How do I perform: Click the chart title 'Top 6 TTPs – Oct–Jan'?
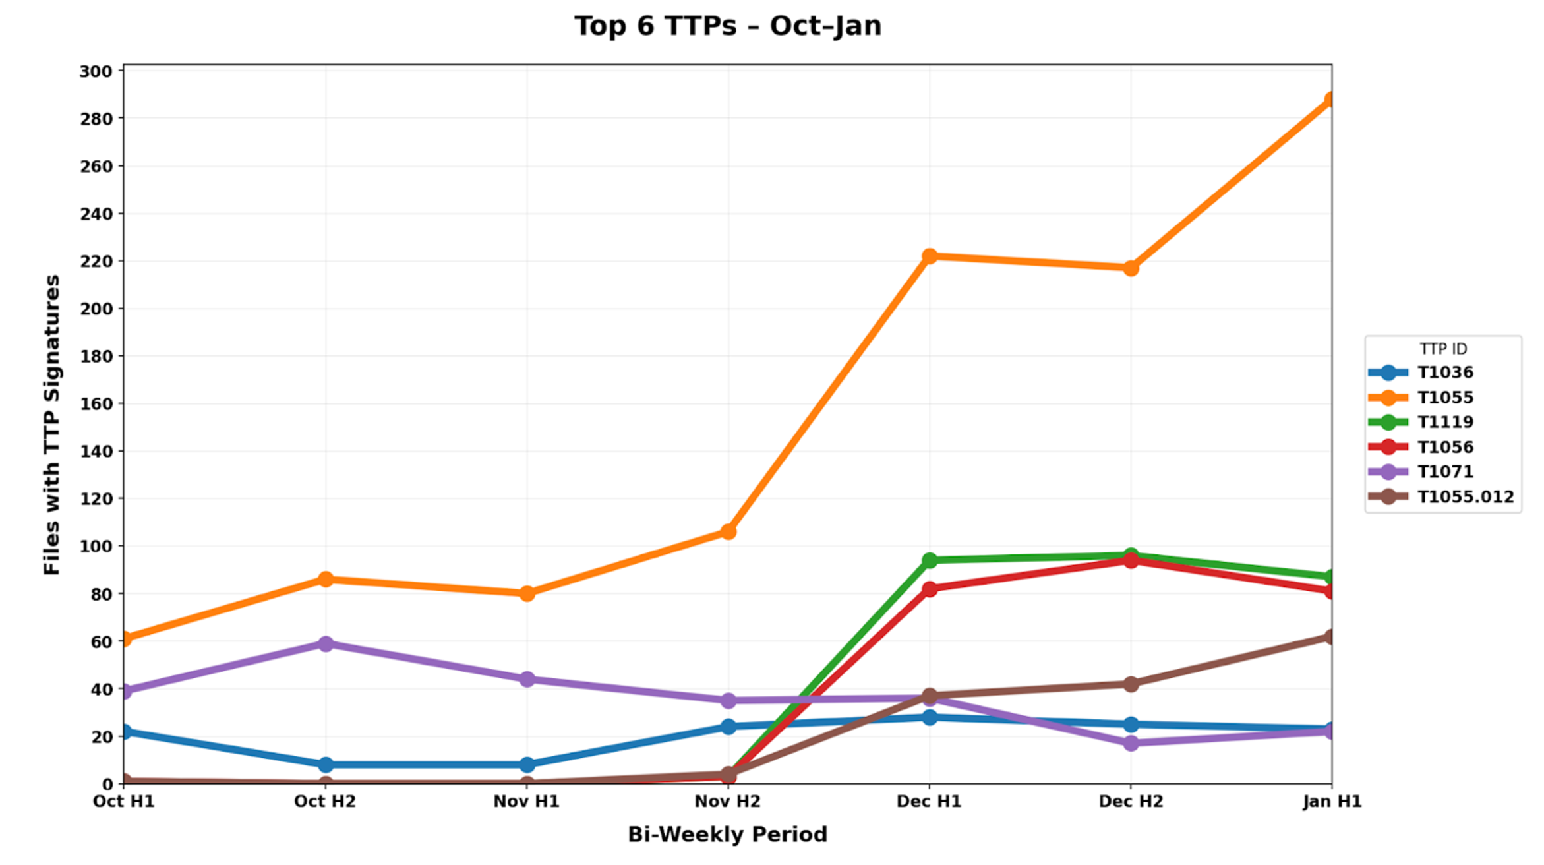click(x=727, y=26)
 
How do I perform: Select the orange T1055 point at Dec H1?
click(x=930, y=256)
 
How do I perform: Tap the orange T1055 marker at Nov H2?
click(x=728, y=531)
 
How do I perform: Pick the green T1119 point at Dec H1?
click(x=930, y=560)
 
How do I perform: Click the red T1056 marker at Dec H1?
click(x=930, y=589)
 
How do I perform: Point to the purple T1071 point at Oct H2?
click(x=326, y=643)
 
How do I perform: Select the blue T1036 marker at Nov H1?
click(x=527, y=765)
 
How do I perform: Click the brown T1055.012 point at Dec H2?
click(x=1131, y=684)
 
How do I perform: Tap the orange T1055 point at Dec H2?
click(x=1131, y=268)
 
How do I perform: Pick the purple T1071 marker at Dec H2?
click(x=1131, y=743)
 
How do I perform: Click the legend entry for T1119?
click(x=1444, y=422)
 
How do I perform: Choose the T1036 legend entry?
click(x=1444, y=373)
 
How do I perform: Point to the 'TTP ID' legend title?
click(x=1443, y=349)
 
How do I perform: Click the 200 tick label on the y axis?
click(x=96, y=309)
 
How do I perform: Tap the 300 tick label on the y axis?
click(x=96, y=71)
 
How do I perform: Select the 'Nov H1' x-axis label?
click(x=527, y=802)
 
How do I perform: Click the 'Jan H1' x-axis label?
click(x=1332, y=802)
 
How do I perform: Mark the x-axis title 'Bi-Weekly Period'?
click(x=727, y=835)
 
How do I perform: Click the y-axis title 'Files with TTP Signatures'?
click(x=51, y=425)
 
